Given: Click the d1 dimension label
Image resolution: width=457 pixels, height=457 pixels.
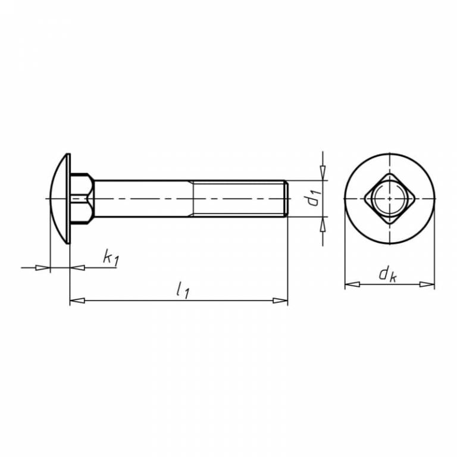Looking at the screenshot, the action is pyautogui.click(x=314, y=198).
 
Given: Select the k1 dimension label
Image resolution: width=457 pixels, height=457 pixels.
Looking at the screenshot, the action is pyautogui.click(x=111, y=258).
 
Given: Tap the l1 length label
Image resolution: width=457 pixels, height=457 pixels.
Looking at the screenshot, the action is pyautogui.click(x=183, y=290).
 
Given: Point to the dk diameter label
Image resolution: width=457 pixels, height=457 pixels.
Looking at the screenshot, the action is pyautogui.click(x=387, y=275).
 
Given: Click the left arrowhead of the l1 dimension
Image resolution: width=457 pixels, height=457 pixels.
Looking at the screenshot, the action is pyautogui.click(x=77, y=301).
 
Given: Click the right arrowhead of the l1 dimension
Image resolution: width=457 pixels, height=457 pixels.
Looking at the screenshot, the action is pyautogui.click(x=280, y=301).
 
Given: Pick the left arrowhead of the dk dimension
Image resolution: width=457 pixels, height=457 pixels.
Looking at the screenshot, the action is pyautogui.click(x=352, y=284).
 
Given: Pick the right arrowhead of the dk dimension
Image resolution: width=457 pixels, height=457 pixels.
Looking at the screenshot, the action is pyautogui.click(x=427, y=284).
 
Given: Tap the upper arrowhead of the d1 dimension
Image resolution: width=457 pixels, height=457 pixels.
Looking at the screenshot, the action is pyautogui.click(x=323, y=173).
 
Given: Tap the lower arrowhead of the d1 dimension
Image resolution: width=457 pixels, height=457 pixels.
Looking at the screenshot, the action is pyautogui.click(x=323, y=224).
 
